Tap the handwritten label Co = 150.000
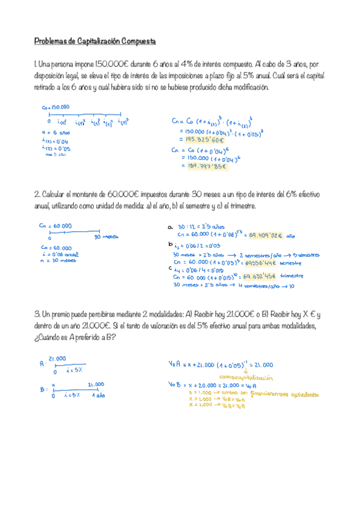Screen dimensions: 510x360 [x=55, y=107]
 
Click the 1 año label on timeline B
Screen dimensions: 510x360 [x=98, y=396]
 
